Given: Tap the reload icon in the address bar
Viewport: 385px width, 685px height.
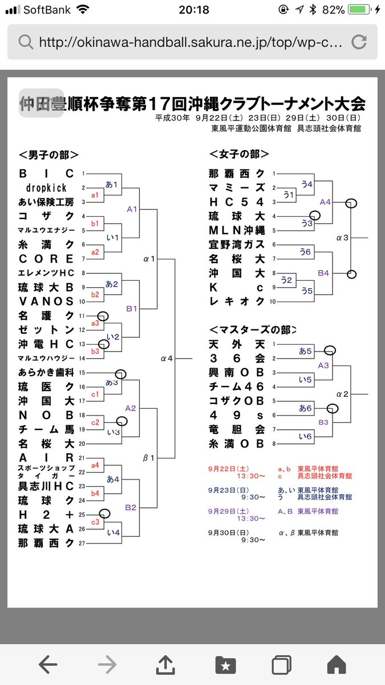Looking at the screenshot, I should click(359, 42).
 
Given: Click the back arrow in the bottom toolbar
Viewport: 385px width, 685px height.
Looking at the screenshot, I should click(48, 664).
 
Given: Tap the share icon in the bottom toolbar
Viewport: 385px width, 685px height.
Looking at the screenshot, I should click(165, 664).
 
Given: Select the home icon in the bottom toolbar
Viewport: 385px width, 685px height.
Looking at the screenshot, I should click(337, 664).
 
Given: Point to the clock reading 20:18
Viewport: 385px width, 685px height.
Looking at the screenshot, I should click(193, 10).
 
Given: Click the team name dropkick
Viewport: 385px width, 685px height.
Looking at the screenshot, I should click(46, 187).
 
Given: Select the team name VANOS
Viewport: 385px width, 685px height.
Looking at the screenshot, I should click(46, 301).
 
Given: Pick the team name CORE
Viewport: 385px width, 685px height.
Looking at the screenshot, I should click(46, 259).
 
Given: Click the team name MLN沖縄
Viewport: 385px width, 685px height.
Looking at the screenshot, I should click(237, 231).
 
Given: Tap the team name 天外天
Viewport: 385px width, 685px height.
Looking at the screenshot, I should click(237, 344).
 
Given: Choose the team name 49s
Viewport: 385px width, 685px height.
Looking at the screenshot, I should click(237, 415).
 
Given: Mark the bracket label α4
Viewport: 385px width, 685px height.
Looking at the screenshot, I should click(167, 358).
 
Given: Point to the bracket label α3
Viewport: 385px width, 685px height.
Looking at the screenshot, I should click(343, 237).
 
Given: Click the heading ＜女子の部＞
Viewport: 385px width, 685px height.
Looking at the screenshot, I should click(239, 154).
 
